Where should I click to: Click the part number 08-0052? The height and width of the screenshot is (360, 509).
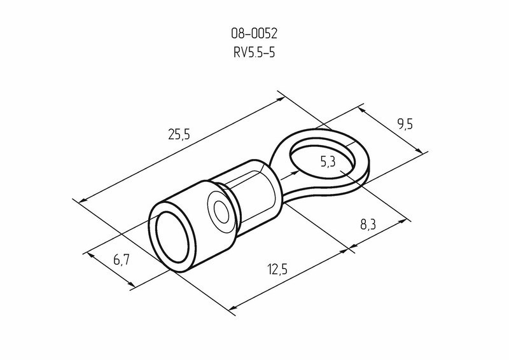pos(254,34)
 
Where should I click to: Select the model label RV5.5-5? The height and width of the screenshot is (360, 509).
pos(254,52)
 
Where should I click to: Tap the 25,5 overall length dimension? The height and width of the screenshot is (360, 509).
pos(179,134)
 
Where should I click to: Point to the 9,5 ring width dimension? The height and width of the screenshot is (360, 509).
pos(405,124)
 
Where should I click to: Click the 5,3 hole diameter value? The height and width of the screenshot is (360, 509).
pos(328,162)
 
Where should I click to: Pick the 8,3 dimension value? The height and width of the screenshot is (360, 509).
pos(368,225)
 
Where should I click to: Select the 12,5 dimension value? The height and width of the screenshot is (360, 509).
pos(278,270)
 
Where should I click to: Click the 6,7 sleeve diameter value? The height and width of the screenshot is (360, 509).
pos(122,260)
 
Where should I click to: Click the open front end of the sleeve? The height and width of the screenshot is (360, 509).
pos(172,237)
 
